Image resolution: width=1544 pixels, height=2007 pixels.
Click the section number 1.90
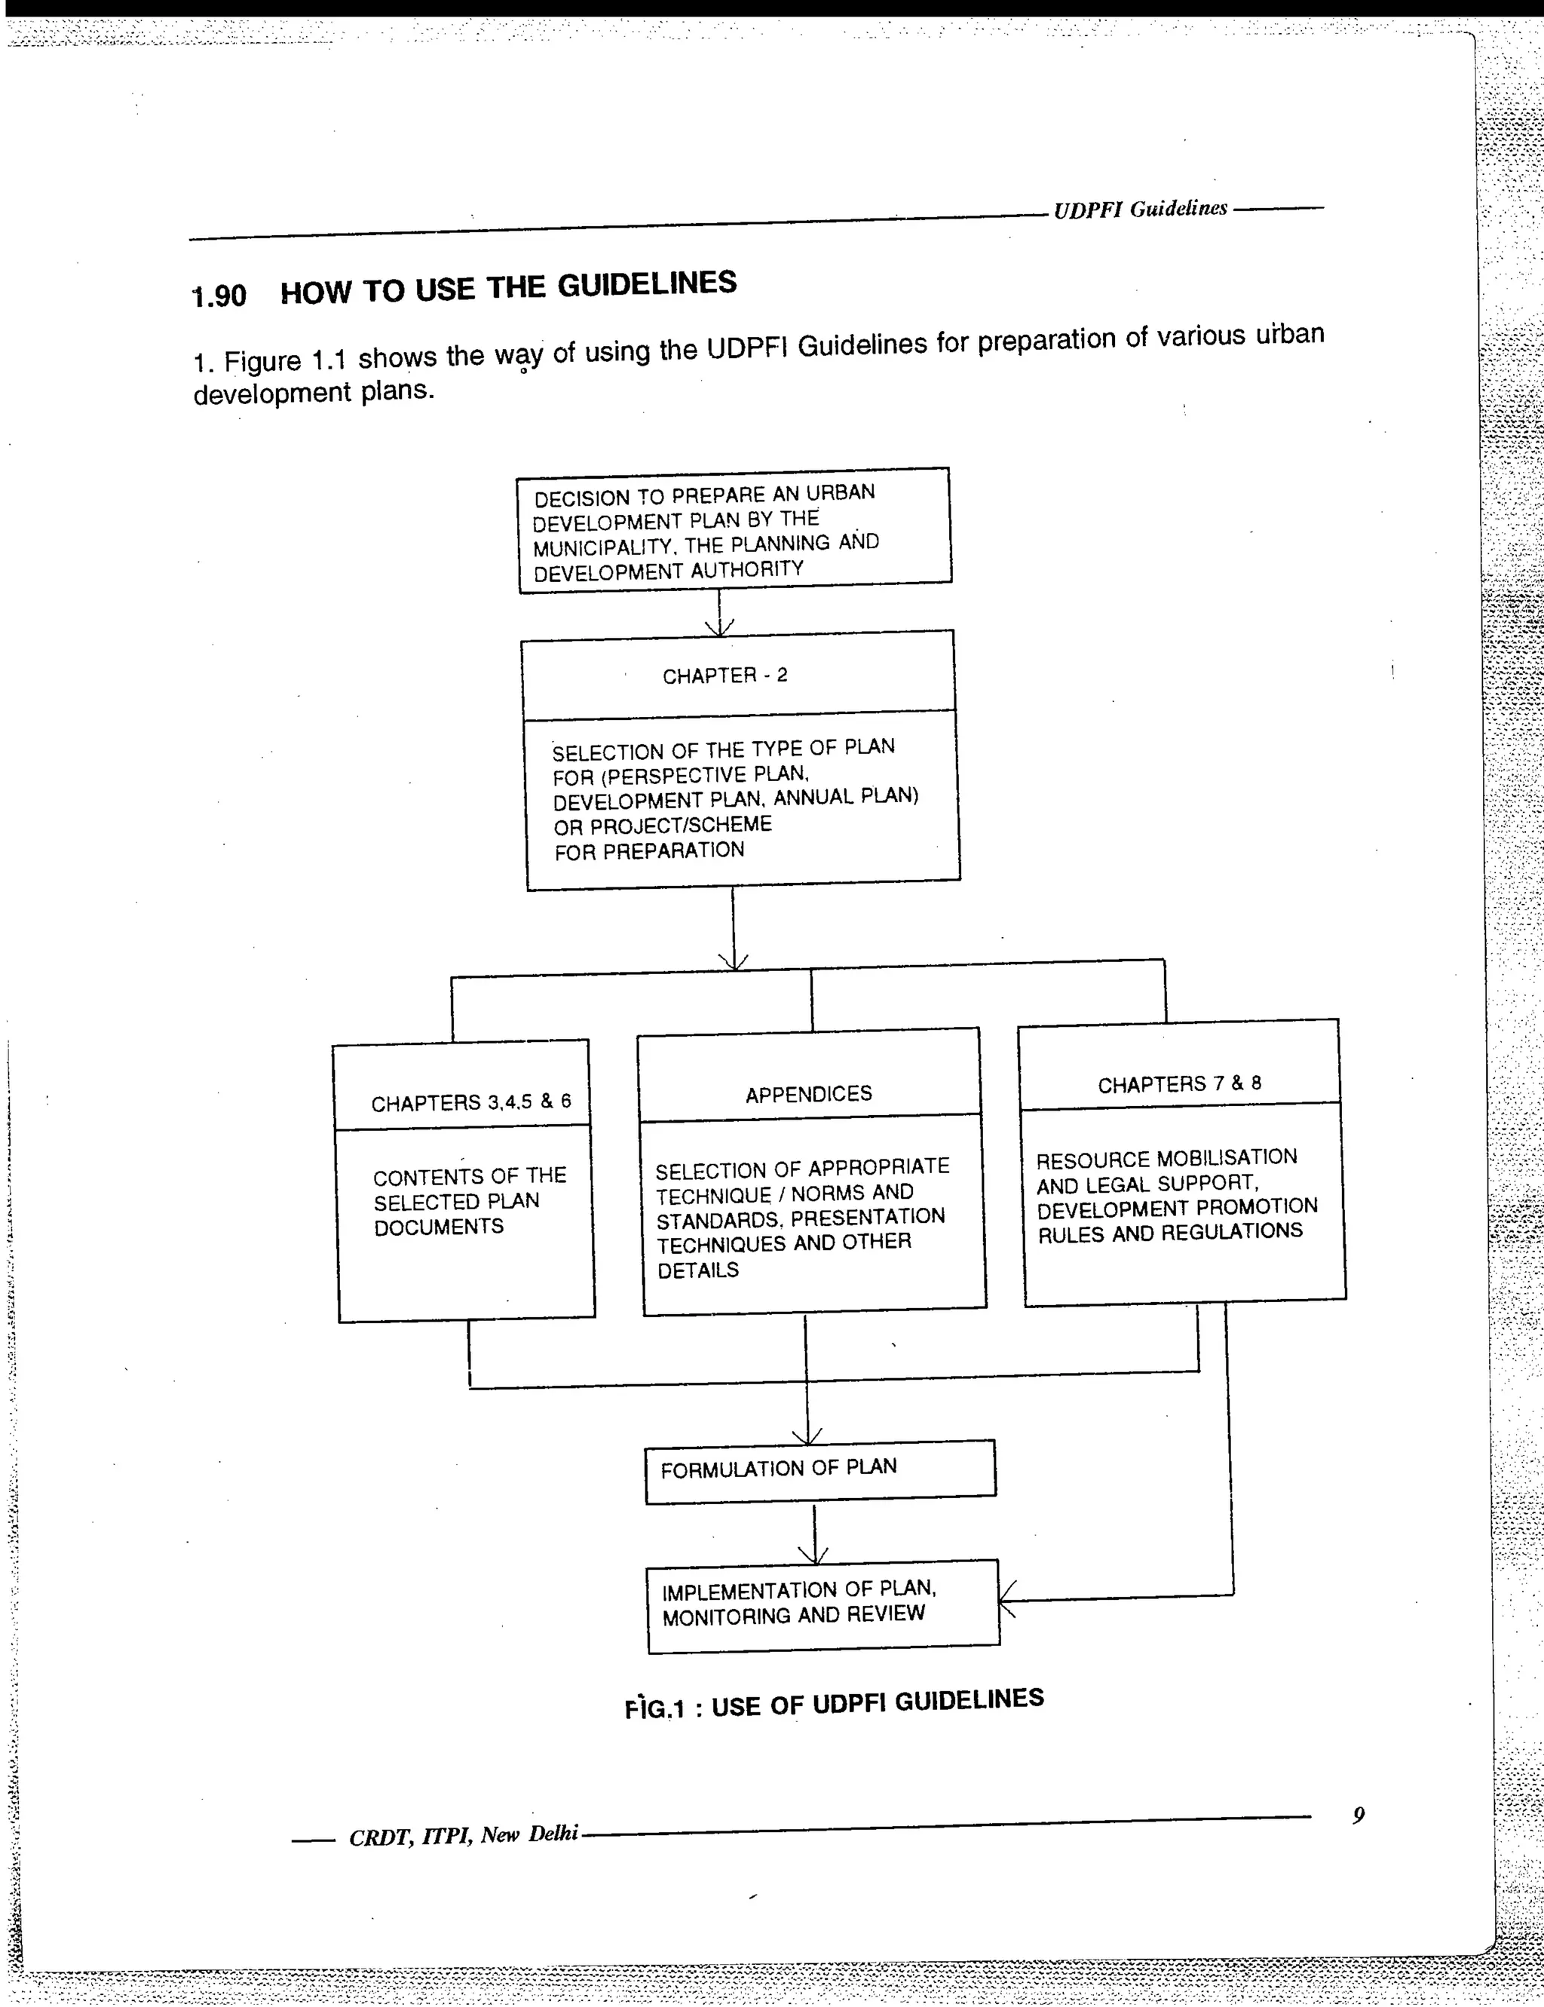pos(219,296)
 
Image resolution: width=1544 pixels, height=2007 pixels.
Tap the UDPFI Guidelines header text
pos(1140,210)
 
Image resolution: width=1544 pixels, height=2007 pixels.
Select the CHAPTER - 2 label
pos(725,676)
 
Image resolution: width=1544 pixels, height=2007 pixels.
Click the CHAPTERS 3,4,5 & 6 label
pos(470,1102)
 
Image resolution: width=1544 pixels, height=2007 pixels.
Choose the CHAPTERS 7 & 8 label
pos(1179,1084)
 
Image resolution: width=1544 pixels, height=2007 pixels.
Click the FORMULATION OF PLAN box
pos(819,1470)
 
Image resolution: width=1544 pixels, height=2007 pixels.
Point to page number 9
pos(1359,1815)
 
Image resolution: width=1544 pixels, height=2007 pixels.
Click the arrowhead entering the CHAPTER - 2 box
pos(718,627)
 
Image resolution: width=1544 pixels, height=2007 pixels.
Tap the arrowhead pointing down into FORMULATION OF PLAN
pos(807,1436)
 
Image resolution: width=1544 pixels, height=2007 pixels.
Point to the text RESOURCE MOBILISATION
pos(1166,1159)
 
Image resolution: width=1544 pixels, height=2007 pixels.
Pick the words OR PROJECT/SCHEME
pos(662,826)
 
